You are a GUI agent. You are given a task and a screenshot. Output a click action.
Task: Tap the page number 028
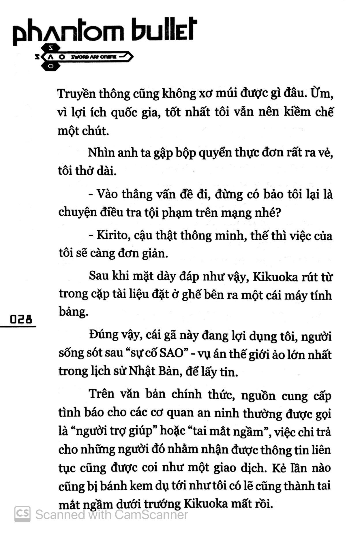click(x=21, y=319)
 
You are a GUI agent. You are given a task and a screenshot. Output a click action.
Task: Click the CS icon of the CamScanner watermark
click(x=22, y=514)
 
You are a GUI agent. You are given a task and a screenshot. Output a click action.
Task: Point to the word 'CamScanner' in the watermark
click(x=151, y=515)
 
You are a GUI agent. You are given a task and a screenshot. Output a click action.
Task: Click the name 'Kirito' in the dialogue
click(x=111, y=235)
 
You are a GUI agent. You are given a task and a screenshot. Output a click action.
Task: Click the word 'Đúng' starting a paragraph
click(x=103, y=335)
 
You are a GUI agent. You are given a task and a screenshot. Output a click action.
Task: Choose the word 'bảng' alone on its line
click(x=73, y=312)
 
